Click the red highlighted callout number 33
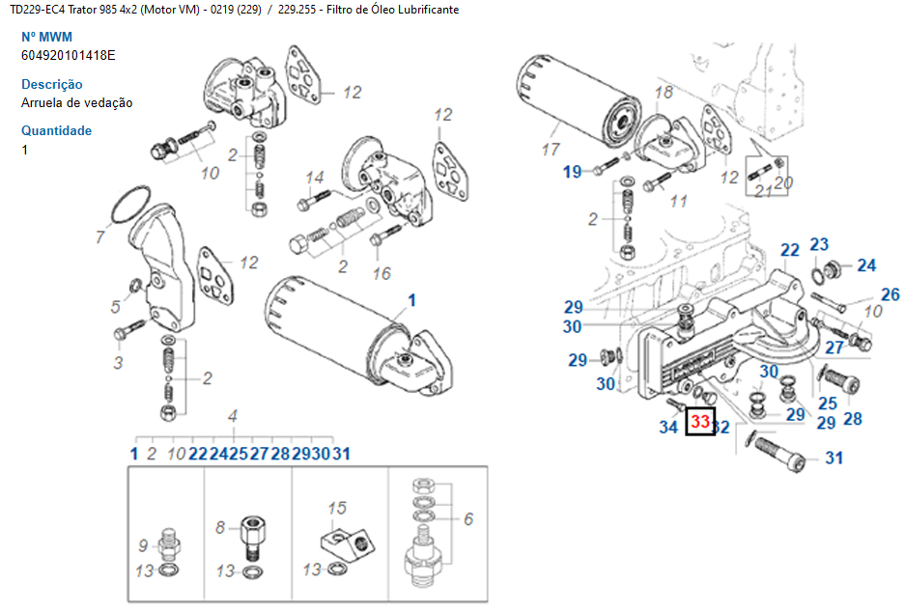(x=699, y=422)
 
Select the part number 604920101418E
(x=69, y=55)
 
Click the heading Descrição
(x=52, y=84)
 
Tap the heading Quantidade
(x=57, y=130)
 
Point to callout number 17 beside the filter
(x=551, y=150)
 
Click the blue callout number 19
(x=573, y=172)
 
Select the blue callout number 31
(x=834, y=458)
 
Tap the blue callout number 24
(x=866, y=265)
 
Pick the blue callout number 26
(x=890, y=295)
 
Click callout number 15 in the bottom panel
(x=336, y=508)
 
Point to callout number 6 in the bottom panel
(x=467, y=519)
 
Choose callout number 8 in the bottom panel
(x=220, y=527)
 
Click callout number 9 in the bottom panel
(x=143, y=544)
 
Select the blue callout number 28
(x=852, y=418)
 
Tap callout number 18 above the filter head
(x=664, y=93)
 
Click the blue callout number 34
(x=668, y=427)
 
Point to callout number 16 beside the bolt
(x=382, y=273)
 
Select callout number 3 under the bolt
(x=118, y=363)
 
